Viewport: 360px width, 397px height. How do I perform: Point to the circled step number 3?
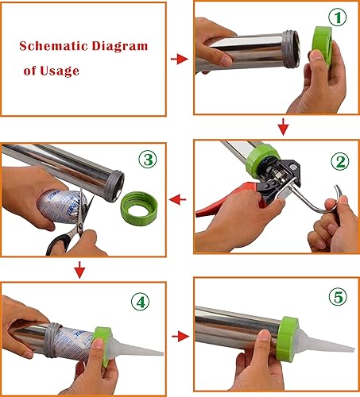pyautogui.click(x=148, y=159)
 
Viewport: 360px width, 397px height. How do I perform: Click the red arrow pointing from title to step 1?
pyautogui.click(x=180, y=60)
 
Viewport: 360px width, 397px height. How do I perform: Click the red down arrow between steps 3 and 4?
pyautogui.click(x=79, y=272)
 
